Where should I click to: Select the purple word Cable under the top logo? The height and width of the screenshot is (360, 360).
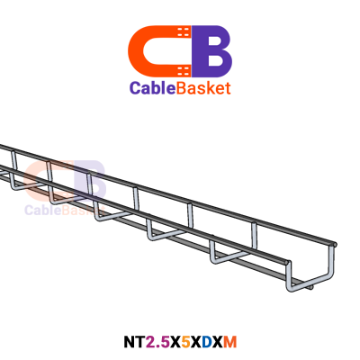point(152,88)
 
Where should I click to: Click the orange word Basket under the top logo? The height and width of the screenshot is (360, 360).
point(203,88)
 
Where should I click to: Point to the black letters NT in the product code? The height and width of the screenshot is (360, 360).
point(134,342)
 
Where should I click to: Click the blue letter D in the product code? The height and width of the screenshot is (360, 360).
point(206,342)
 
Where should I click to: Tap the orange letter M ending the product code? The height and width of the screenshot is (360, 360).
point(230,342)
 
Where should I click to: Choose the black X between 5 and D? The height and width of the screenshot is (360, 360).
point(195,342)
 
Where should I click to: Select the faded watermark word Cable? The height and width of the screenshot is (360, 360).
point(42,210)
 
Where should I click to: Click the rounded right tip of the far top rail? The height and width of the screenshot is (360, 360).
point(335,245)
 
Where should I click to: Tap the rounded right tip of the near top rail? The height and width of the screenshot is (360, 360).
point(289,264)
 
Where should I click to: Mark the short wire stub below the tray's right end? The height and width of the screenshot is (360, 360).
point(310,287)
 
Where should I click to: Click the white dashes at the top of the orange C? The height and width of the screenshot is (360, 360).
point(184,31)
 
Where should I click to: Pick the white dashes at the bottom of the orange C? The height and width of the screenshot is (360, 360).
point(184,71)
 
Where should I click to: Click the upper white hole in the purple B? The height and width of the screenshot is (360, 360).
point(214,40)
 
